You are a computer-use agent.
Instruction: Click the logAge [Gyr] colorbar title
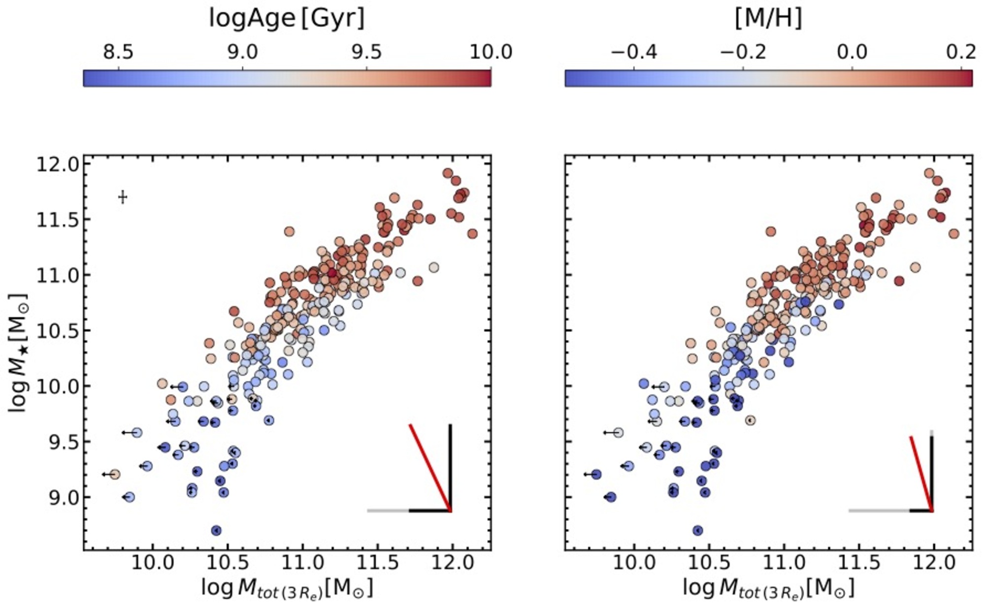(x=287, y=19)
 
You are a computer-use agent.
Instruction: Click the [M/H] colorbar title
(x=768, y=19)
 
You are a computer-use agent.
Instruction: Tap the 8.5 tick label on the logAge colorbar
(x=118, y=52)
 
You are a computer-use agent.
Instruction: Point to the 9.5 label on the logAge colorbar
(x=367, y=52)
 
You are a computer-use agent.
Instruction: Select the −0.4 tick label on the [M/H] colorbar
(x=634, y=52)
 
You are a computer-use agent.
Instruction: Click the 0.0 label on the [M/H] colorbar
(x=852, y=52)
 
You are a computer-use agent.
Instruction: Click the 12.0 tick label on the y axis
(x=57, y=164)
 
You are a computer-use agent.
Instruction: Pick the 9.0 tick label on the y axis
(x=63, y=497)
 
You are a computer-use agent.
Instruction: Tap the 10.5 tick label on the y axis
(x=57, y=331)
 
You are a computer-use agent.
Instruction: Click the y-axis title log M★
(x=19, y=353)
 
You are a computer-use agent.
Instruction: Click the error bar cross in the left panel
(x=123, y=197)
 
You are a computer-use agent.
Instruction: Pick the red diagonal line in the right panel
(x=920, y=473)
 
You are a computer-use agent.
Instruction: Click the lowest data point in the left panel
(x=216, y=530)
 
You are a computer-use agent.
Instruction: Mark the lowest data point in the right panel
(x=697, y=530)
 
